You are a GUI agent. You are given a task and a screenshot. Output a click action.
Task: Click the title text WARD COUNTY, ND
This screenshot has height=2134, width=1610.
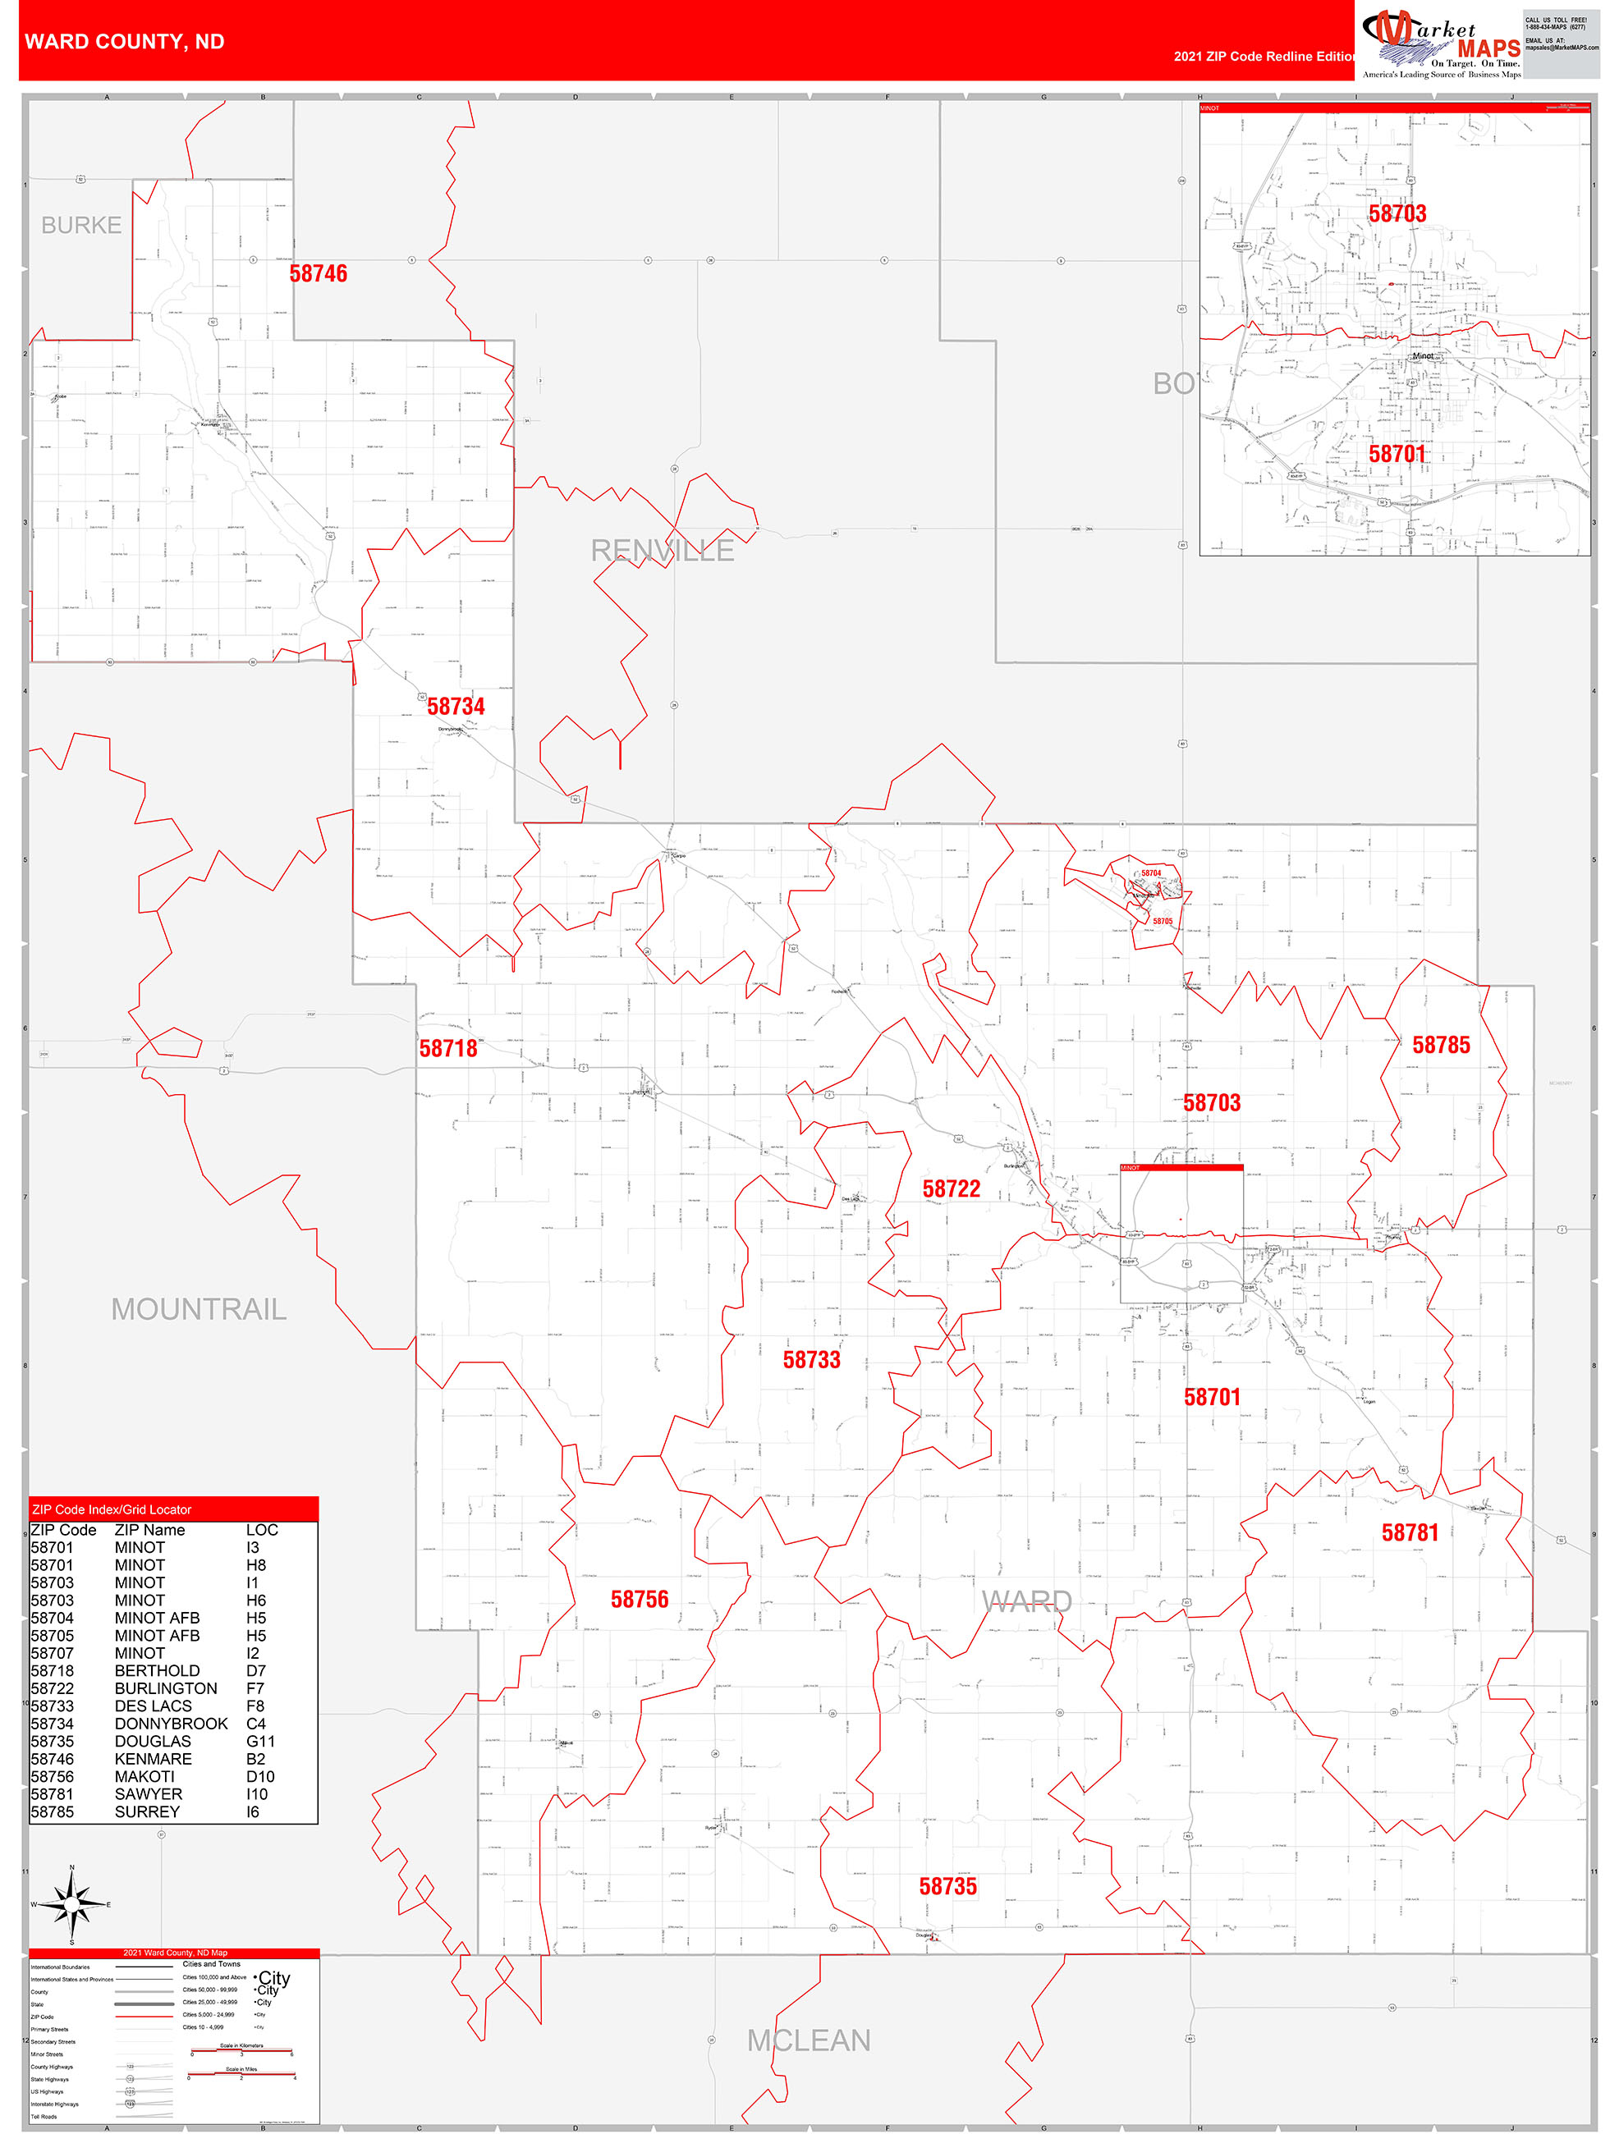tap(125, 42)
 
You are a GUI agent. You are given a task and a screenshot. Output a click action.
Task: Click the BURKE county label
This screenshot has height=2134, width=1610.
tap(81, 225)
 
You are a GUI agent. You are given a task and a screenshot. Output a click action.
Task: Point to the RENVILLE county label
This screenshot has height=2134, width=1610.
tap(663, 551)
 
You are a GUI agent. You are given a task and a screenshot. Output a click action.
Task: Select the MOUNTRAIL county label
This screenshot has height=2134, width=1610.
tap(199, 1309)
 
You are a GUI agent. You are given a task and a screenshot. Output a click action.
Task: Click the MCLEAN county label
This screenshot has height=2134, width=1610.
tap(809, 2040)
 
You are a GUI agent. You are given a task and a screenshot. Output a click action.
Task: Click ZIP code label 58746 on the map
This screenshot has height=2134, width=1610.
tap(319, 274)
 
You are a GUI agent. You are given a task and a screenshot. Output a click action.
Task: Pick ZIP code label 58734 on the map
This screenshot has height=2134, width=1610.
tap(456, 708)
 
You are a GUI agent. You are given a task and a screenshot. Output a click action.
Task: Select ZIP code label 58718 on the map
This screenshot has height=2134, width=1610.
tap(448, 1049)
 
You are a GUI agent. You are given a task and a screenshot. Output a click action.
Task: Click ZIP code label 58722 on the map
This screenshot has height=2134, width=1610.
tap(951, 1188)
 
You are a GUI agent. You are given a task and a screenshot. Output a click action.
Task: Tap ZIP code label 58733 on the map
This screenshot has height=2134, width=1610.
tap(811, 1360)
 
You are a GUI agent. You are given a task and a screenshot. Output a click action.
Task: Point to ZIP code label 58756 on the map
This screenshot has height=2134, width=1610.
tap(639, 1600)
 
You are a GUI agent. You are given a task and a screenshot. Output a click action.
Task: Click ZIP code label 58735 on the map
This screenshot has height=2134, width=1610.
tap(947, 1886)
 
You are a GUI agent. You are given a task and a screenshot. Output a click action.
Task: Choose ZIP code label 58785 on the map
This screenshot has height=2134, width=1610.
tap(1441, 1045)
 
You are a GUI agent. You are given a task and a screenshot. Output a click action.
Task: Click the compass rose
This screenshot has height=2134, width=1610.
tap(71, 1904)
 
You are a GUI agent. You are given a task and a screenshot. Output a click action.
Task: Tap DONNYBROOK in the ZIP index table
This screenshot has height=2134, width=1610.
tap(171, 1723)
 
